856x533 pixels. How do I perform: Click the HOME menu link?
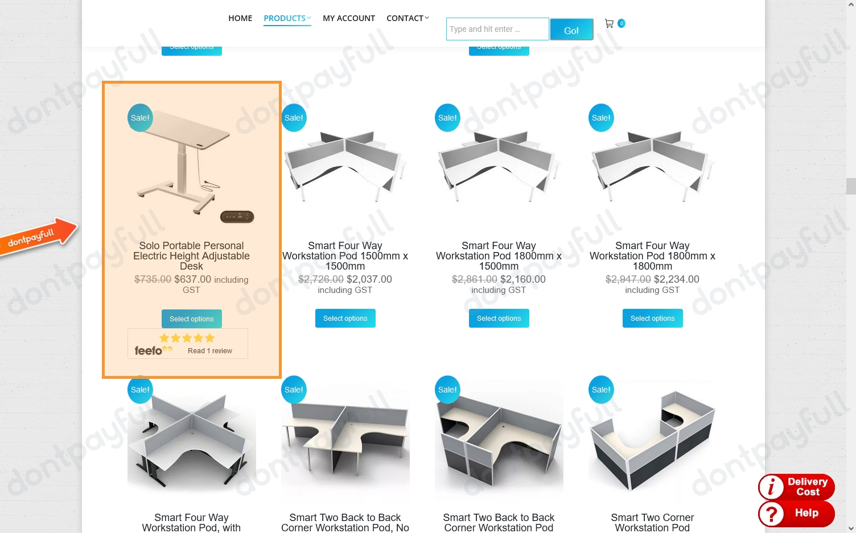pos(240,18)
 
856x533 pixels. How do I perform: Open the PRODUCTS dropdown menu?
pos(287,18)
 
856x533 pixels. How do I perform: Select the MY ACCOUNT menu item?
pos(348,18)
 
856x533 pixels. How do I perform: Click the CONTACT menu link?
pos(407,18)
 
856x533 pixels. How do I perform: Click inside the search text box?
pos(497,29)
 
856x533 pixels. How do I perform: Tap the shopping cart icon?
pos(609,24)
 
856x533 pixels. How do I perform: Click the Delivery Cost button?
pos(796,487)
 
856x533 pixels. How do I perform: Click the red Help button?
pos(796,513)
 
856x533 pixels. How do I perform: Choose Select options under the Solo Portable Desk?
pos(191,319)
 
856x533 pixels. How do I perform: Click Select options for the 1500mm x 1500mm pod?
pos(345,319)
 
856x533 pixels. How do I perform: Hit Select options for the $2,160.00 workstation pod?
pos(499,319)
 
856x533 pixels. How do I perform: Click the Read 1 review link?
pos(209,351)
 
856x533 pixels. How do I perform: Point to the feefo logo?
pos(150,351)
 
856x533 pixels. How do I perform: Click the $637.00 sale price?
pos(192,279)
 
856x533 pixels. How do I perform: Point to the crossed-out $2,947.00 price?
pos(628,279)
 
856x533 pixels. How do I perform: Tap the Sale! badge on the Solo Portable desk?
pos(140,118)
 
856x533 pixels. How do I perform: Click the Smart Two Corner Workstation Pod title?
pos(652,522)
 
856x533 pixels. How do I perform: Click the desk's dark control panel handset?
pos(237,217)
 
